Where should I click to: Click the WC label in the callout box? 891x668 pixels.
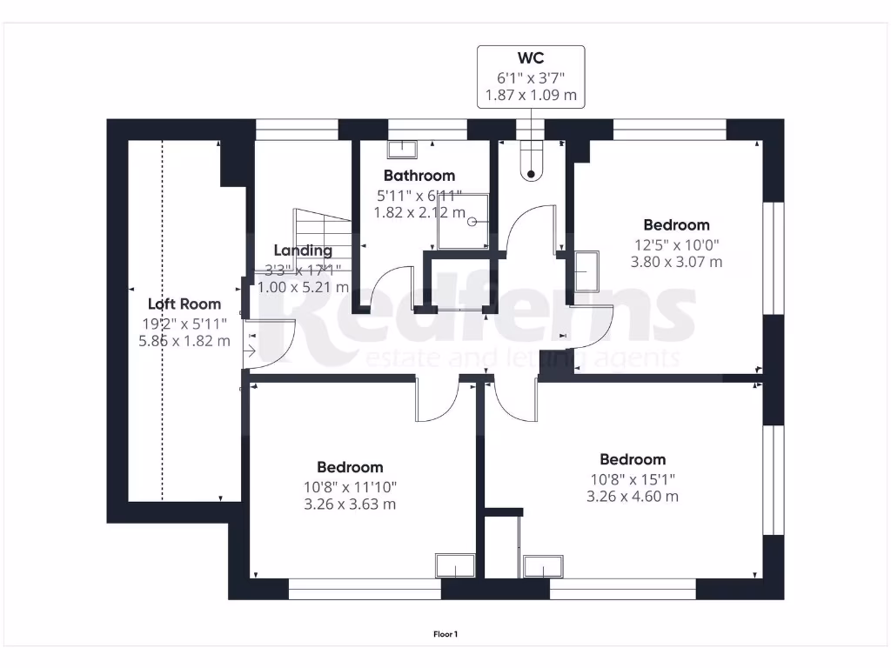click(531, 58)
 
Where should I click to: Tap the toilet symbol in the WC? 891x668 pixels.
click(532, 161)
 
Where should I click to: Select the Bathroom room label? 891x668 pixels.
click(419, 176)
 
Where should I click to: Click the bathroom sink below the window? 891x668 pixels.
click(402, 150)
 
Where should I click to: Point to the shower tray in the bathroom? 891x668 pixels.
click(463, 222)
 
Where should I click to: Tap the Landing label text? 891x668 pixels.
click(303, 250)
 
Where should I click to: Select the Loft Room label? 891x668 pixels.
click(184, 304)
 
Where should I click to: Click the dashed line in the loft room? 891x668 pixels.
click(163, 320)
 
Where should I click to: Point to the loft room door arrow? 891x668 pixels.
click(249, 351)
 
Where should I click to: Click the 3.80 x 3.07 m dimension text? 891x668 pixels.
click(676, 262)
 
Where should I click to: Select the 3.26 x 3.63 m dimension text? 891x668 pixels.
click(350, 504)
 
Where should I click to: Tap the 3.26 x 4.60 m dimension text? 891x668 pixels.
click(633, 497)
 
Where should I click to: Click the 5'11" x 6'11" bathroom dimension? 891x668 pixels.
click(419, 196)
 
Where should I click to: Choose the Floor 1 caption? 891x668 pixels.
click(445, 634)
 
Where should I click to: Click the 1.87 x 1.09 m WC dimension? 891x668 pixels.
click(531, 95)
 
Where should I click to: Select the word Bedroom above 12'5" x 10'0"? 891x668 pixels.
click(676, 225)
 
